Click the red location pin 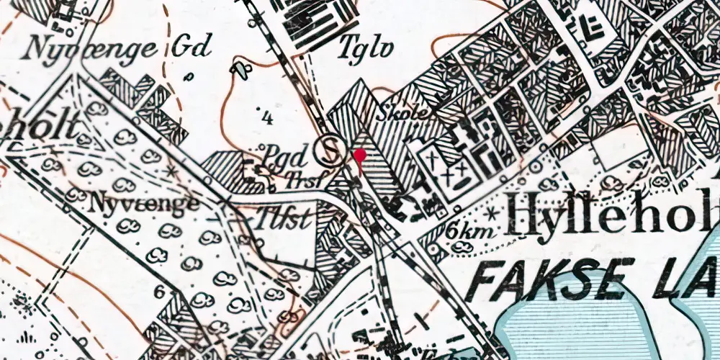point(360,156)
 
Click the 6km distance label point(463,231)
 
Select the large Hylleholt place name point(612,215)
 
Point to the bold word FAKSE point(547,279)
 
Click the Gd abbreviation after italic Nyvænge point(192,48)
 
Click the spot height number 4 point(268,120)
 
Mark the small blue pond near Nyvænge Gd point(240,70)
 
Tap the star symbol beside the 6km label point(492,214)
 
